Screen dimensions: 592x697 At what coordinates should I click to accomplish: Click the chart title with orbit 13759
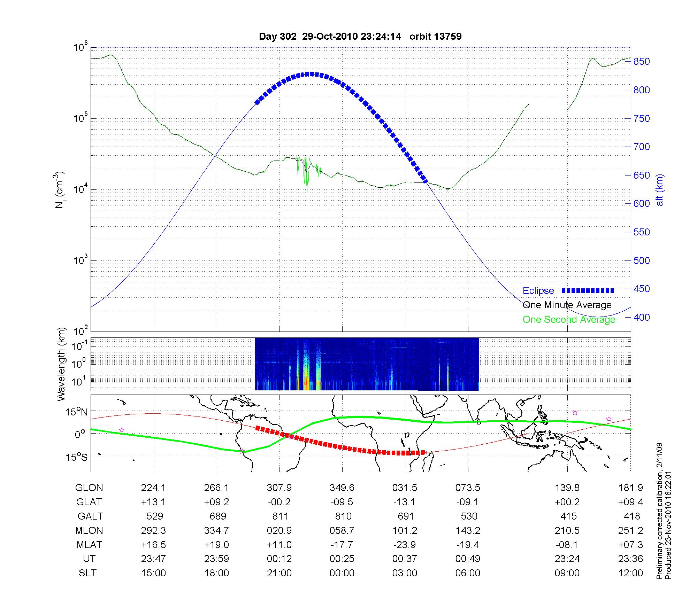click(x=360, y=36)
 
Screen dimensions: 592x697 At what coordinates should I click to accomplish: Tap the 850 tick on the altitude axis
click(x=642, y=62)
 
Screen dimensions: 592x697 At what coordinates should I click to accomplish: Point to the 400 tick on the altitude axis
click(x=642, y=317)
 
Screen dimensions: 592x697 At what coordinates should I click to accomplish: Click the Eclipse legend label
click(x=538, y=291)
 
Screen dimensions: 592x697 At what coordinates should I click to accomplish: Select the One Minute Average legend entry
click(x=567, y=305)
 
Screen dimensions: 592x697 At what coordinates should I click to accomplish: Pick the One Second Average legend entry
click(x=569, y=320)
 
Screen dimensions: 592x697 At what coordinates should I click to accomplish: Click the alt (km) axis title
click(x=660, y=190)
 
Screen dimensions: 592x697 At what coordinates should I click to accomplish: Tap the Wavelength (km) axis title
click(x=61, y=364)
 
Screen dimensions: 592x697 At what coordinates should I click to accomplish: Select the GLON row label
click(x=89, y=488)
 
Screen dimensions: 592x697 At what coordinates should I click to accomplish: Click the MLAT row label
click(x=89, y=545)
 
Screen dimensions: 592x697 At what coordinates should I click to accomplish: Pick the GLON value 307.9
click(x=279, y=488)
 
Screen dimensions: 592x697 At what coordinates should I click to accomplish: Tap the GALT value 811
click(x=280, y=516)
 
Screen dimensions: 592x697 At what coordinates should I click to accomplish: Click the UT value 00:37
click(x=405, y=559)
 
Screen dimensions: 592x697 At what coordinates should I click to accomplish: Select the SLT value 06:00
click(x=468, y=573)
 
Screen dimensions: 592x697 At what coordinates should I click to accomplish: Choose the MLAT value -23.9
click(x=405, y=545)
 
